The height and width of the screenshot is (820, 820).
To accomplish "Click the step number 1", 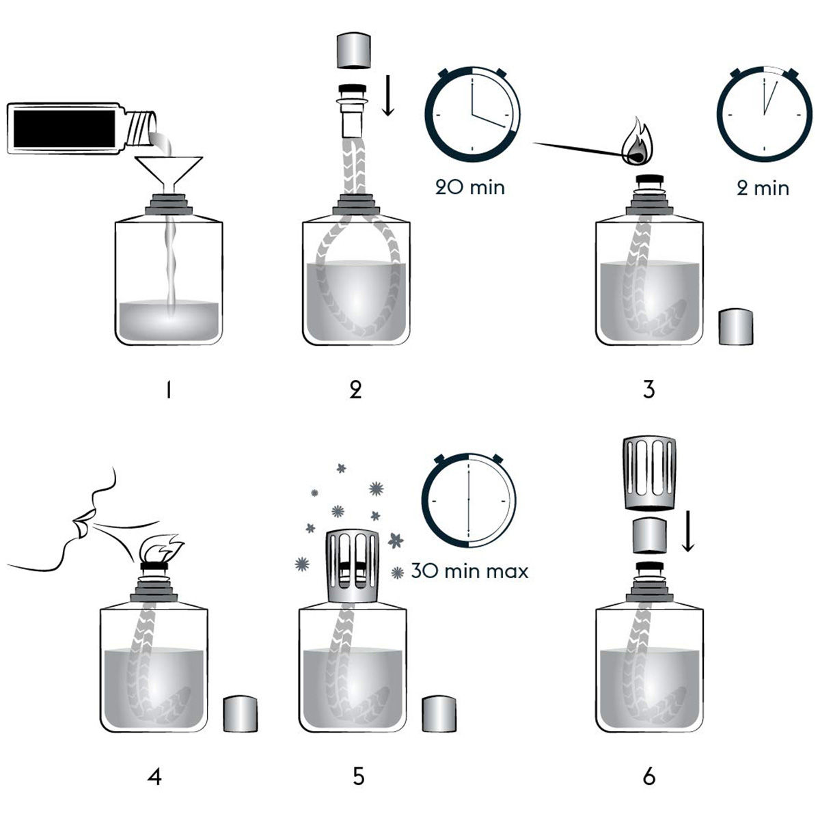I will [168, 389].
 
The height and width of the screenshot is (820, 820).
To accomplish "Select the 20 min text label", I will [470, 187].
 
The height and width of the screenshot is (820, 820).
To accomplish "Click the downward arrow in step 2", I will [388, 96].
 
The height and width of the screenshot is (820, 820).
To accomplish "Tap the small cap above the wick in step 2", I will [355, 53].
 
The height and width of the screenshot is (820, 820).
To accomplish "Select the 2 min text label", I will [763, 187].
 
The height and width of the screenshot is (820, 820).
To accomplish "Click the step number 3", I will [648, 389].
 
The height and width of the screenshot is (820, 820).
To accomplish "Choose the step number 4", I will [155, 777].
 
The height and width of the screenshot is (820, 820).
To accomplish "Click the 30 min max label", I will [470, 571].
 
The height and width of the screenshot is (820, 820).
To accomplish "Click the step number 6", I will [648, 777].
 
